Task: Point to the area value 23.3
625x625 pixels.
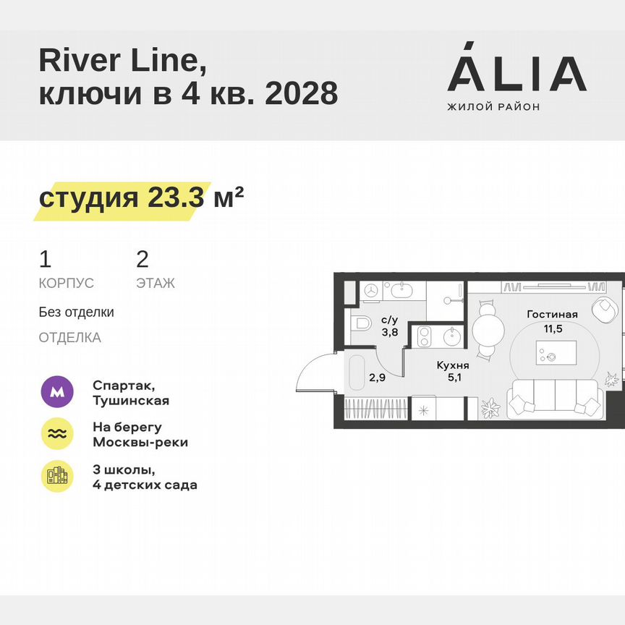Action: pos(176,197)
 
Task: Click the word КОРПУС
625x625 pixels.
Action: pos(67,284)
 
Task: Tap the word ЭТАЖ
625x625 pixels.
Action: pos(155,284)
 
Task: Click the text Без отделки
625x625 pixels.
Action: pos(76,312)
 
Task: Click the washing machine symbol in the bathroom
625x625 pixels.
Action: pos(370,291)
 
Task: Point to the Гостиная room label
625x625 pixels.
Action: pos(552,314)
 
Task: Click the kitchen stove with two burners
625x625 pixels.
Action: pos(424,335)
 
